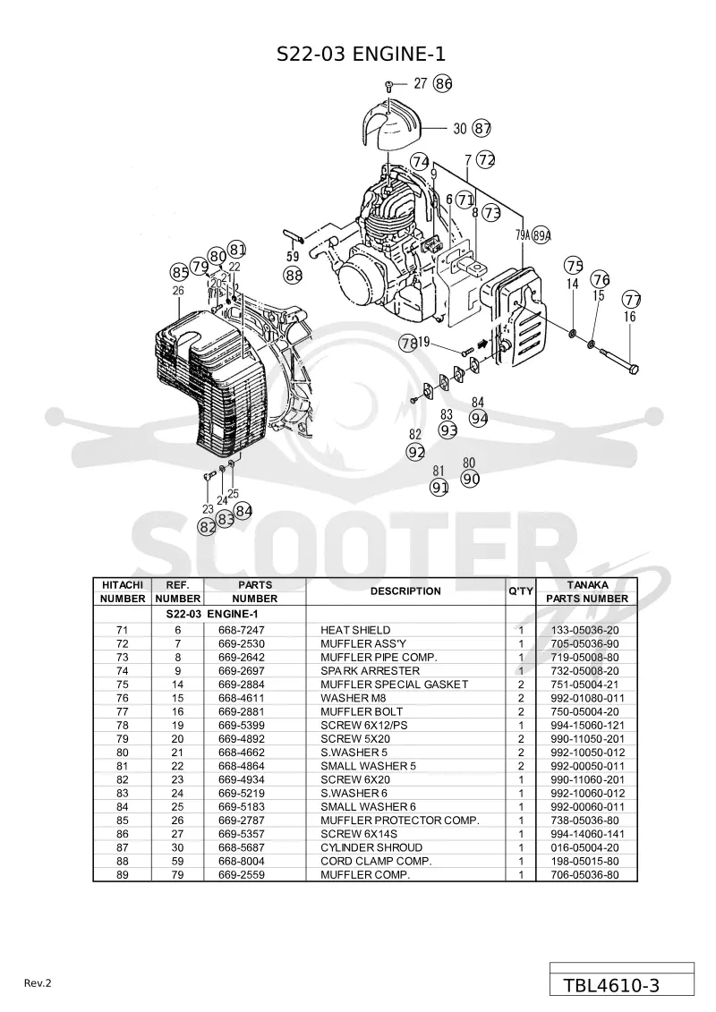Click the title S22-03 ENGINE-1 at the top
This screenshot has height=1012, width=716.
tap(361, 55)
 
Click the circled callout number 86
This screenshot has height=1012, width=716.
tap(443, 83)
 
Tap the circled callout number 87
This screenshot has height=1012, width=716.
tap(482, 128)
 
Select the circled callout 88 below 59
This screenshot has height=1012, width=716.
tap(294, 276)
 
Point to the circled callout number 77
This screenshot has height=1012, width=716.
tap(632, 300)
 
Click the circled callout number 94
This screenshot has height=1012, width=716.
tap(479, 418)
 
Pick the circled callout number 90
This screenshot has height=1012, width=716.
tap(471, 479)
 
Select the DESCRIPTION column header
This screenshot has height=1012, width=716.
tap(405, 591)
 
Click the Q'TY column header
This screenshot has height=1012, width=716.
tap(520, 591)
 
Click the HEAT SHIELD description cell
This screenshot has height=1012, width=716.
tap(355, 630)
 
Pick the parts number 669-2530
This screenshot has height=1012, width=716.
tap(242, 643)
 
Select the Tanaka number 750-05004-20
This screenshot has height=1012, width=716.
tap(585, 711)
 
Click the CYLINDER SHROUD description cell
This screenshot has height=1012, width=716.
tap(371, 847)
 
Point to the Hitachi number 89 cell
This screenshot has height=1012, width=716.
tap(122, 874)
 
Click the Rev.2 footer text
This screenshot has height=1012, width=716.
tap(38, 983)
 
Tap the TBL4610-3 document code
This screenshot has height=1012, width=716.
tap(611, 985)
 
